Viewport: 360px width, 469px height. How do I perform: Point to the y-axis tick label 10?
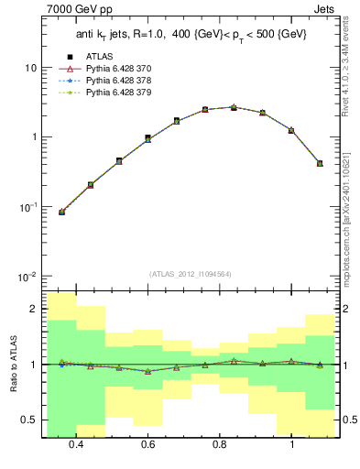pos(31,69)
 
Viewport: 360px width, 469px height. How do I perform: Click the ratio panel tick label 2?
pos(35,309)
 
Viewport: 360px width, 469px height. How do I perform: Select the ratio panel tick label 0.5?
pos(31,420)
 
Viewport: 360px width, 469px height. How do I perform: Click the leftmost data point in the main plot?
pos(61,212)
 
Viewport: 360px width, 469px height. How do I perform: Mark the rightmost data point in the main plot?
pos(320,163)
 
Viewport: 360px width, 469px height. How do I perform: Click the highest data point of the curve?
pos(234,107)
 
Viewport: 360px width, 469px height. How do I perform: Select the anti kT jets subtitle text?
pos(191,34)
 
